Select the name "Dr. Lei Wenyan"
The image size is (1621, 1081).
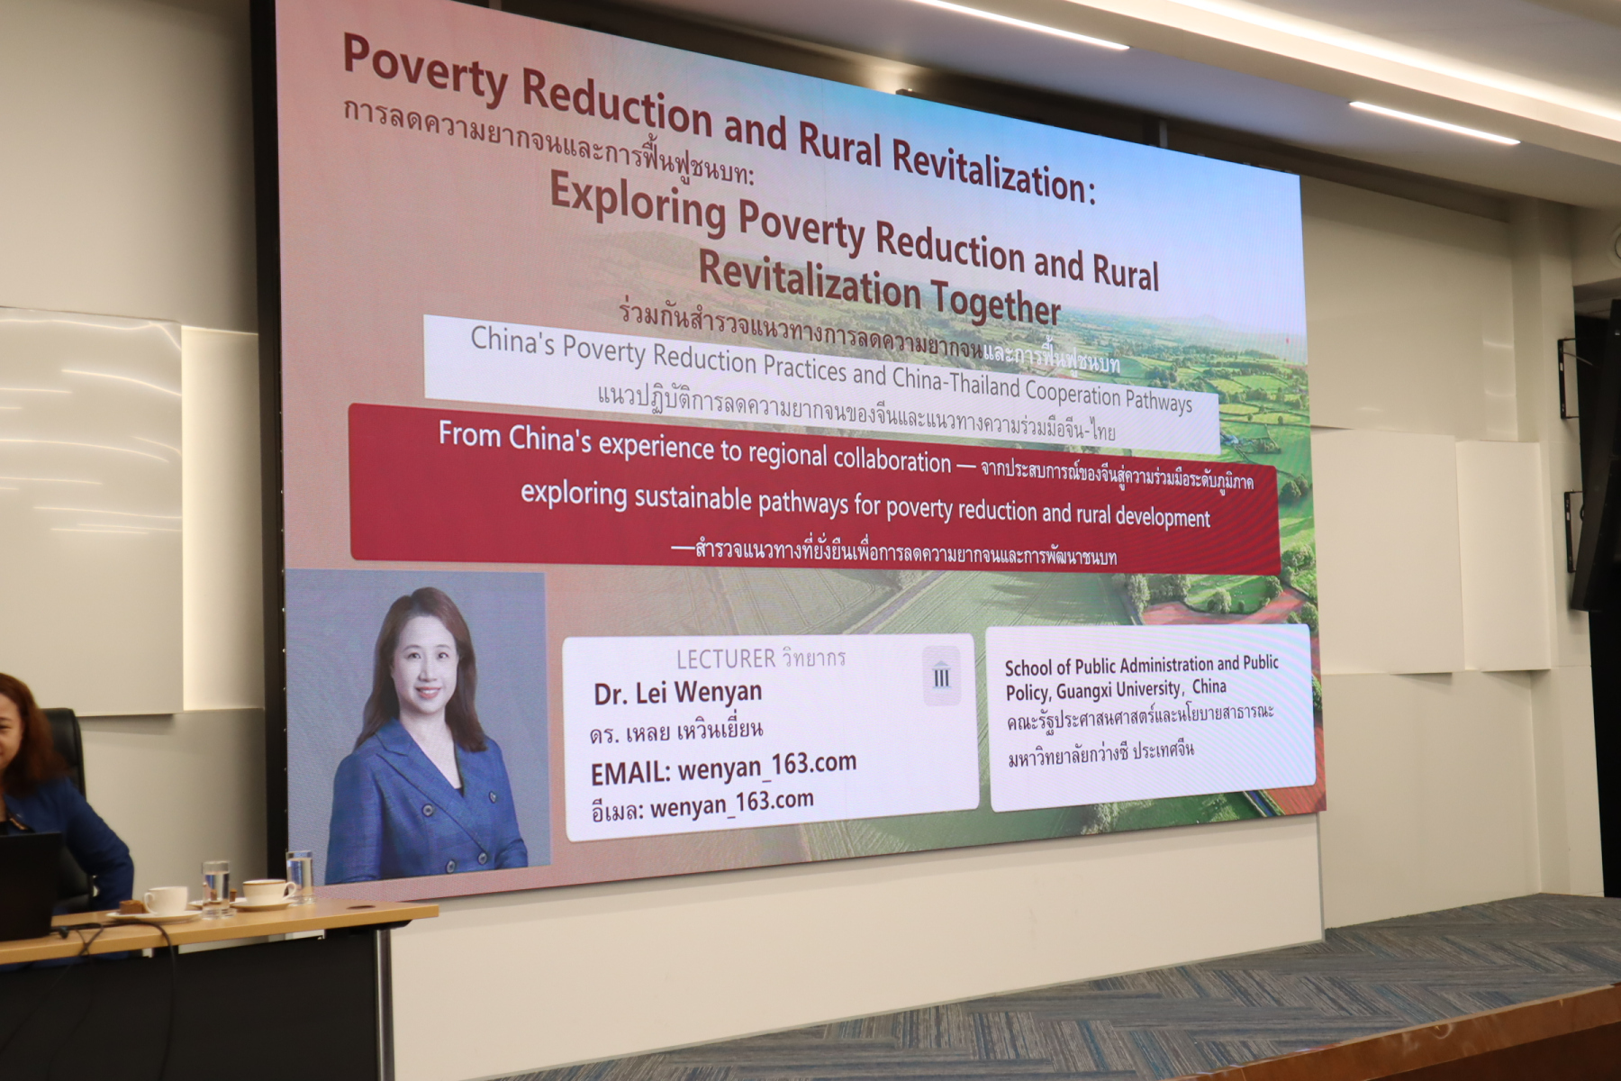pyautogui.click(x=677, y=693)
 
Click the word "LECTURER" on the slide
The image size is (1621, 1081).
pyautogui.click(x=725, y=659)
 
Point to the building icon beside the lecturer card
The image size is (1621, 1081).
pyautogui.click(x=941, y=676)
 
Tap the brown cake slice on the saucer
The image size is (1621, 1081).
pyautogui.click(x=132, y=907)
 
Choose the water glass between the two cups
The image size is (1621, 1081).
pyautogui.click(x=216, y=888)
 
